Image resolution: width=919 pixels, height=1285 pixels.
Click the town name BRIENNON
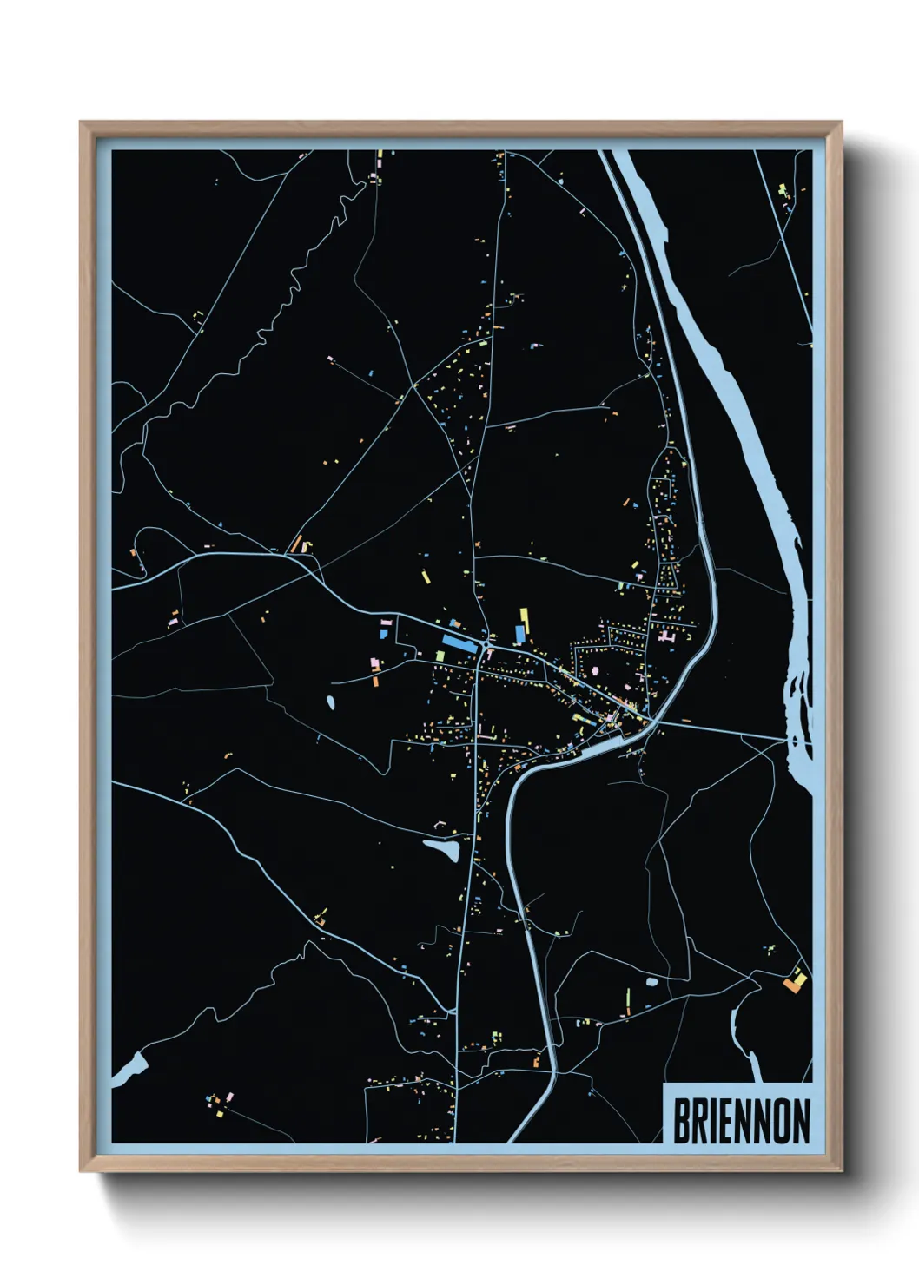(741, 1121)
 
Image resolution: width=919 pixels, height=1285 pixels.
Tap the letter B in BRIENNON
(681, 1121)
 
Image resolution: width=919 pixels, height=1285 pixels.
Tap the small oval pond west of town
(330, 702)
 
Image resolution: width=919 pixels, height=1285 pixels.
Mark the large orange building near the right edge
(793, 984)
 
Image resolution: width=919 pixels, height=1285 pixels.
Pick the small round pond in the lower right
(651, 982)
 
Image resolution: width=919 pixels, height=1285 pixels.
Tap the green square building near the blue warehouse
(440, 656)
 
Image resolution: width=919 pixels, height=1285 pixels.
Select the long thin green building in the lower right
(629, 998)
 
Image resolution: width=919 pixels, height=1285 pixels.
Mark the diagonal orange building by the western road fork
(295, 544)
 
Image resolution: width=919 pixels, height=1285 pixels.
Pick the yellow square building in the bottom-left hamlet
(220, 1112)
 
